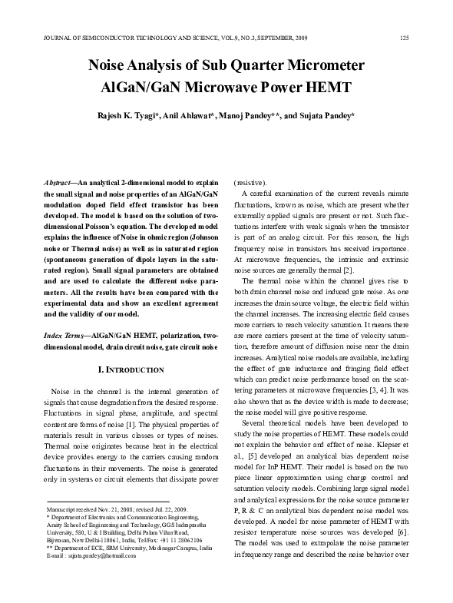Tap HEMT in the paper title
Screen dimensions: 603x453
pos(329,88)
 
